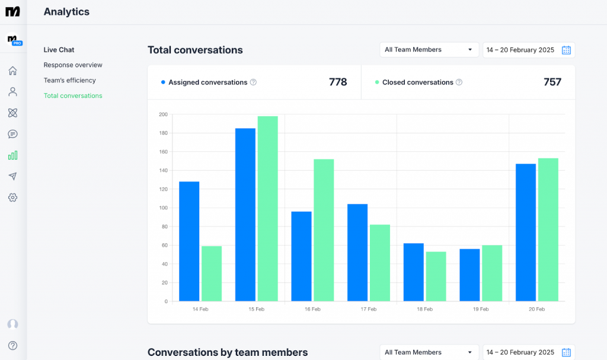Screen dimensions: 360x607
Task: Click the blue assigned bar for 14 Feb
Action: pos(189,241)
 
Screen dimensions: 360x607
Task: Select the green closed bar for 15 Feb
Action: pos(267,209)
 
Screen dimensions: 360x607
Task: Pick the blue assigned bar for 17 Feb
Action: pos(357,253)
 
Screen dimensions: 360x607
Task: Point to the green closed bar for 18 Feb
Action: pos(436,276)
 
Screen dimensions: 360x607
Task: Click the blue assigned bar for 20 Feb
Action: pos(526,232)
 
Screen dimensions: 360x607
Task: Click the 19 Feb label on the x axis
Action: pos(481,310)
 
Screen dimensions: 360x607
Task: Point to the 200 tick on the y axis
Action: pos(163,114)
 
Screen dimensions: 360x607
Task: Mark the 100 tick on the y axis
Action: pos(163,208)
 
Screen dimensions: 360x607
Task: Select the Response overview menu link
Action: pos(73,65)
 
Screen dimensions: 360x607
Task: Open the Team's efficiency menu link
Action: pos(69,81)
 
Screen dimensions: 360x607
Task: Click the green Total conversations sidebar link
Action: pos(73,96)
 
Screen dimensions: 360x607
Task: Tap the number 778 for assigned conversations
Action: pos(338,82)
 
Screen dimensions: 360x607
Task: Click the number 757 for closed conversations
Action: pos(552,82)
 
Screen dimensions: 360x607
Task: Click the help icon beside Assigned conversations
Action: pos(253,82)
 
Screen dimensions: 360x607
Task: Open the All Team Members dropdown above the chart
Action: pos(429,50)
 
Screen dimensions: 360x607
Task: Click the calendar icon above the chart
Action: pos(566,50)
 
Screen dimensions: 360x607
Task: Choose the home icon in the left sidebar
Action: pos(12,71)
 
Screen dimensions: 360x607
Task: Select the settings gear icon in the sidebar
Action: pos(12,197)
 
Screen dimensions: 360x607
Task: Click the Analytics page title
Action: pos(66,12)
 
